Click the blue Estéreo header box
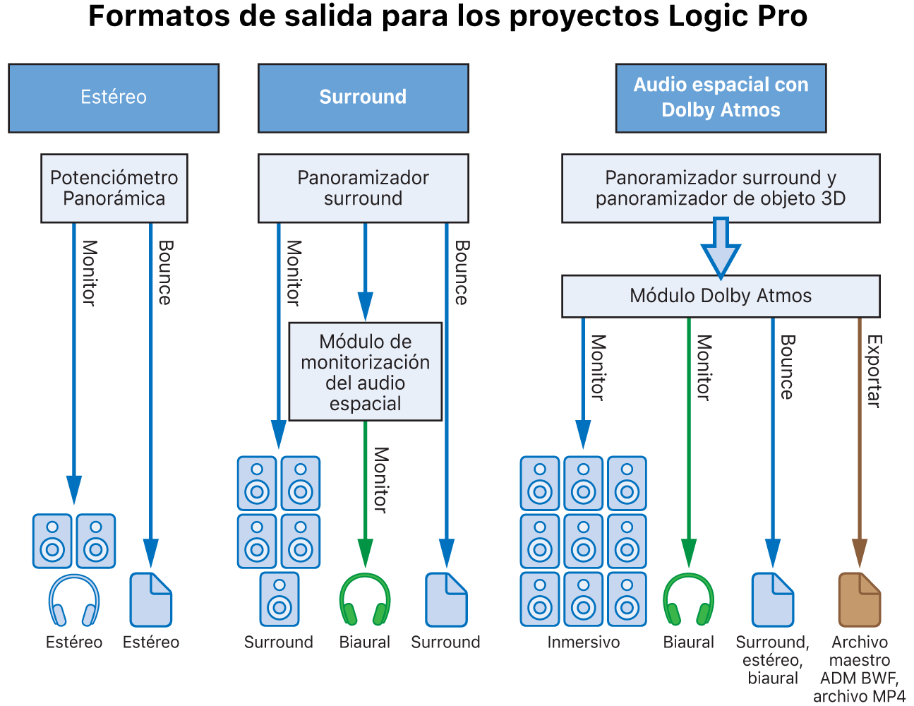tap(114, 98)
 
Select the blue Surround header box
tap(363, 98)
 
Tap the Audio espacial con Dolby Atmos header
tap(721, 98)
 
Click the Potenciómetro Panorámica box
tap(114, 189)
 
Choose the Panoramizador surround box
tap(363, 189)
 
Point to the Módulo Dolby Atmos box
tap(721, 296)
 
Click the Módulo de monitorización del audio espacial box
tap(365, 372)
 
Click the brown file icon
tap(859, 600)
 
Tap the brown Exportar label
tap(874, 371)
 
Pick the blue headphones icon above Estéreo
tap(74, 601)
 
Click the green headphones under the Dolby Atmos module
tap(689, 600)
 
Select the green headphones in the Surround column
tap(365, 600)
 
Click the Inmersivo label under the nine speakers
tap(584, 642)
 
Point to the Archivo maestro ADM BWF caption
tap(859, 669)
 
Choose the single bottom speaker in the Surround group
tap(279, 599)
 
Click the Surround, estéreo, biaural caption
tap(773, 660)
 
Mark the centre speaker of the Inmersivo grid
tap(584, 542)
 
